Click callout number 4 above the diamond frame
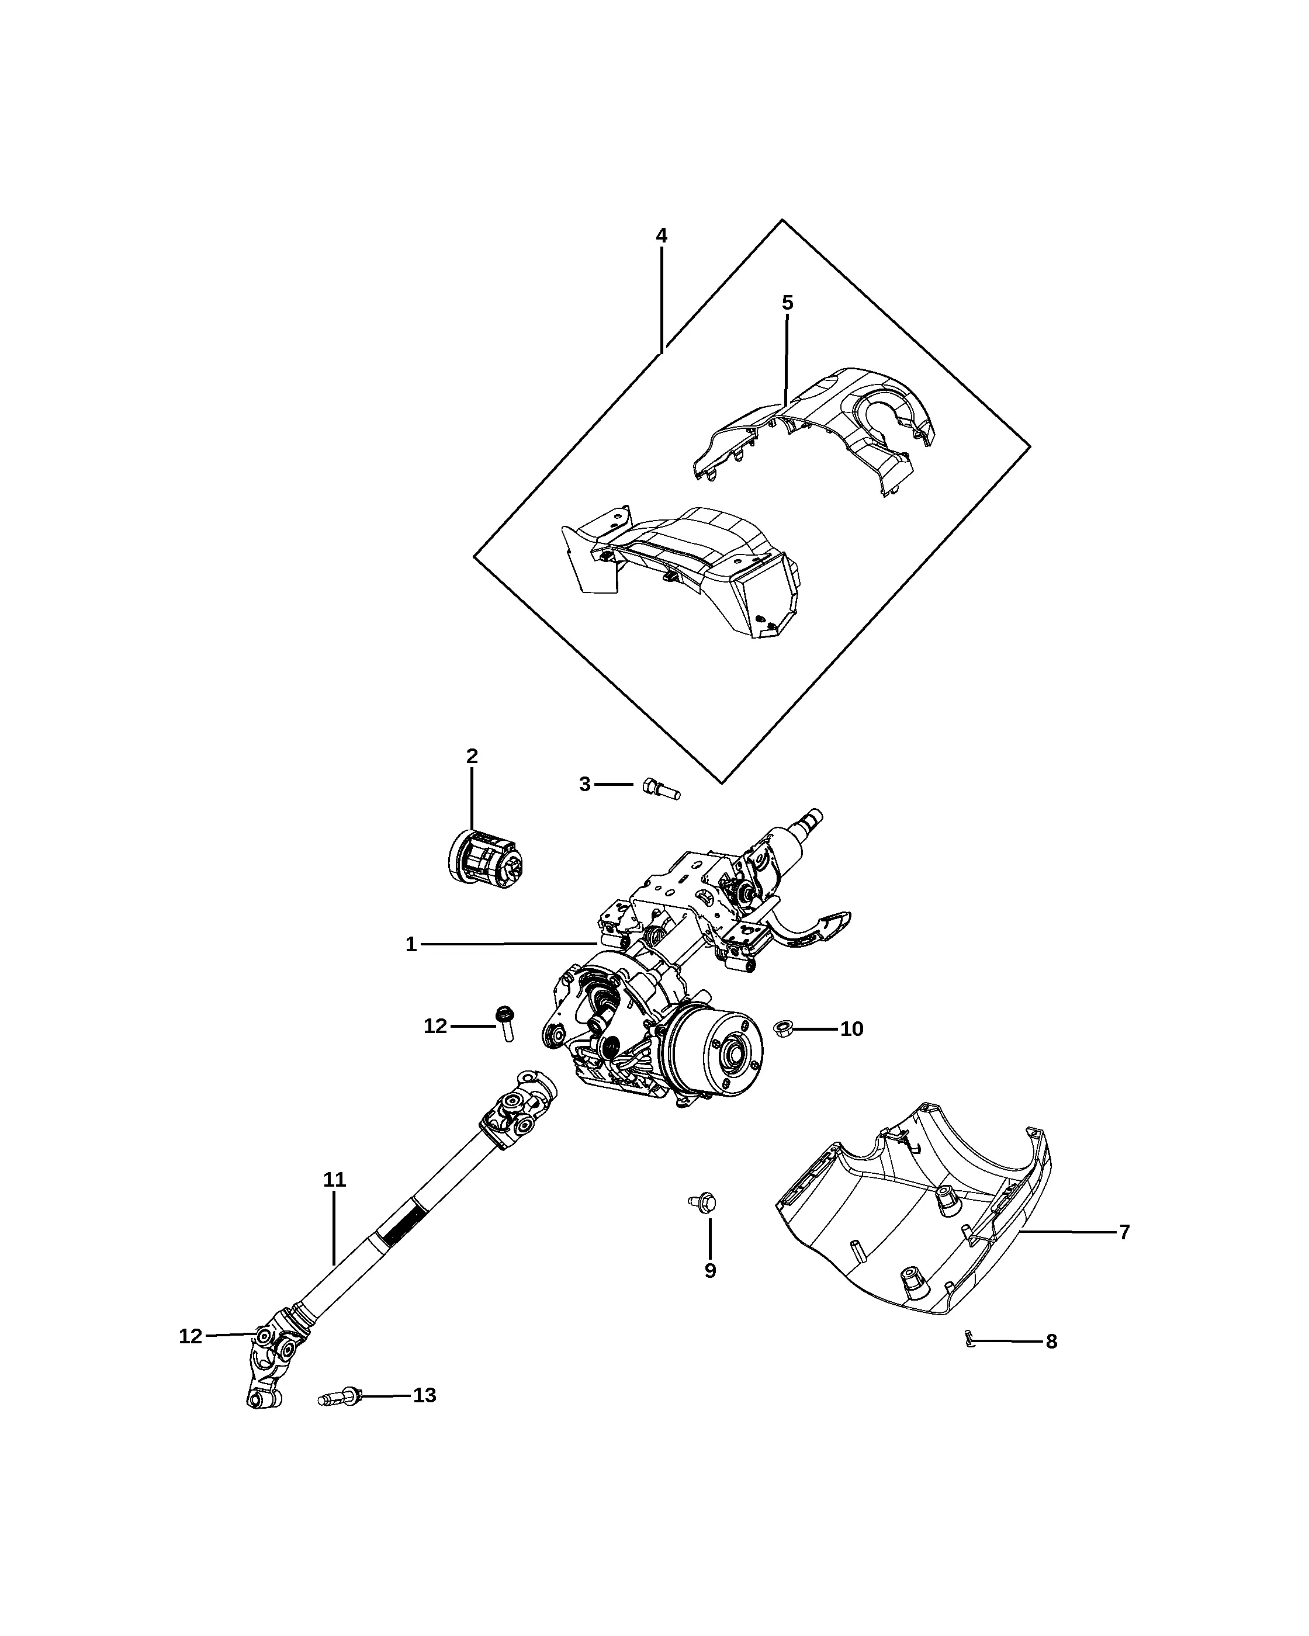click(661, 236)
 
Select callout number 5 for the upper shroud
click(788, 303)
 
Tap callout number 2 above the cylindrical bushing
click(472, 756)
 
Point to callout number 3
click(584, 784)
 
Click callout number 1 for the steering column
click(411, 945)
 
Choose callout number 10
click(851, 1029)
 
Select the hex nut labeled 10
click(782, 1029)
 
